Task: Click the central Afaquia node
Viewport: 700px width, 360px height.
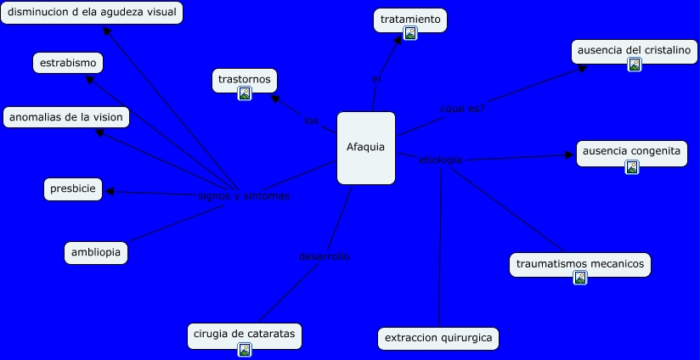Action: [x=366, y=148]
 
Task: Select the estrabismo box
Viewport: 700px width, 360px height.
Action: [x=68, y=63]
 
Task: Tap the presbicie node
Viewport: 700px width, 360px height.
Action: [x=73, y=189]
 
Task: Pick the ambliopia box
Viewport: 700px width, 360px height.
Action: [x=96, y=252]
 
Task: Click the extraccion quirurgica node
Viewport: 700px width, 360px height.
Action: [x=438, y=338]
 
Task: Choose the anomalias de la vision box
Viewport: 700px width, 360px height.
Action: [x=66, y=117]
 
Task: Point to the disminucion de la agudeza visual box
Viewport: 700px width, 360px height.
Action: [x=91, y=13]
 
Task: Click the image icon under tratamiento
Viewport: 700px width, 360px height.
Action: [x=410, y=34]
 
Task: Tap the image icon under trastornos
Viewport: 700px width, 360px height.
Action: [x=245, y=93]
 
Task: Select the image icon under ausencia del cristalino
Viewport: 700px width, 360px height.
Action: [x=634, y=65]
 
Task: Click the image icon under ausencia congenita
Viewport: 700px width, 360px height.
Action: [x=632, y=167]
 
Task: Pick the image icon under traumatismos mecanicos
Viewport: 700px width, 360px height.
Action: [x=580, y=278]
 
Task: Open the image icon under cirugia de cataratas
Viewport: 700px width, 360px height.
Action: [x=245, y=349]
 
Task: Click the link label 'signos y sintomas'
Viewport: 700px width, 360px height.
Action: [x=244, y=196]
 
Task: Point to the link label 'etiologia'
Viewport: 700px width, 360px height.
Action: [x=440, y=160]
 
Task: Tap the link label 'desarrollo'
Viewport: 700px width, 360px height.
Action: [x=324, y=256]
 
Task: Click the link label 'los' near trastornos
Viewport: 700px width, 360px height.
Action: [x=311, y=121]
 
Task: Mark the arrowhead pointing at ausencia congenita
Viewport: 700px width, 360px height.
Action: [x=570, y=155]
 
